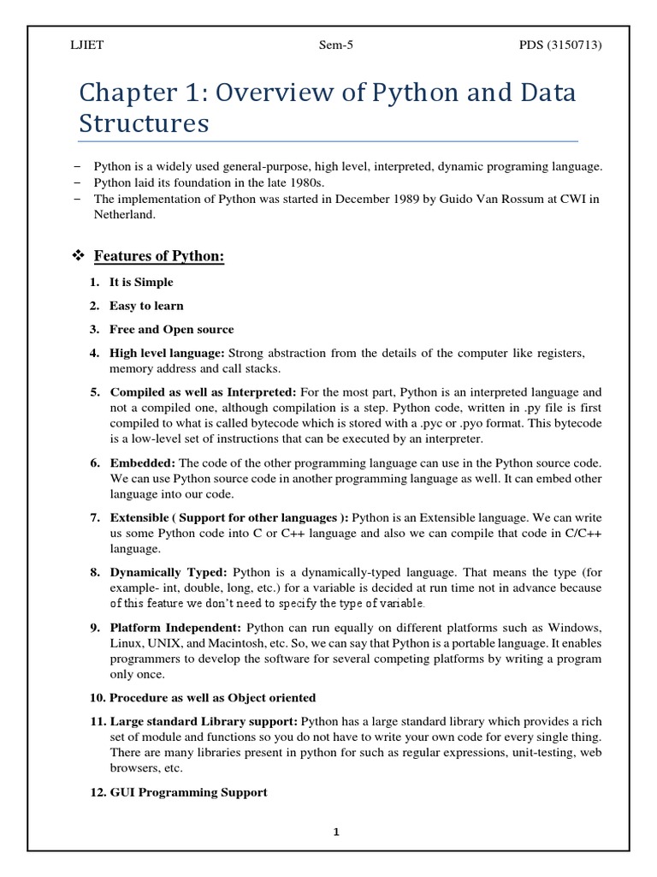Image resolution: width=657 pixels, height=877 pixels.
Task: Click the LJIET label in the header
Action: click(x=86, y=45)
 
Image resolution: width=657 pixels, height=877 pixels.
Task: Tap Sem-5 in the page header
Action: click(x=329, y=45)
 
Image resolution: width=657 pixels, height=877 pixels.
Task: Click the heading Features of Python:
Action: click(x=158, y=256)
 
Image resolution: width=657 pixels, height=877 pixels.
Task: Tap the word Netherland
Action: click(x=125, y=215)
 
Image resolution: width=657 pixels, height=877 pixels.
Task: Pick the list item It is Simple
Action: click(x=141, y=282)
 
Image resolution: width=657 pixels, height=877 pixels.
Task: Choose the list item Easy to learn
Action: click(x=146, y=306)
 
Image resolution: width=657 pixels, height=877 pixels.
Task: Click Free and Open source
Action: click(x=171, y=330)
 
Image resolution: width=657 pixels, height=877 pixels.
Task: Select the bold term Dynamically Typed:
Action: click(x=169, y=572)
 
